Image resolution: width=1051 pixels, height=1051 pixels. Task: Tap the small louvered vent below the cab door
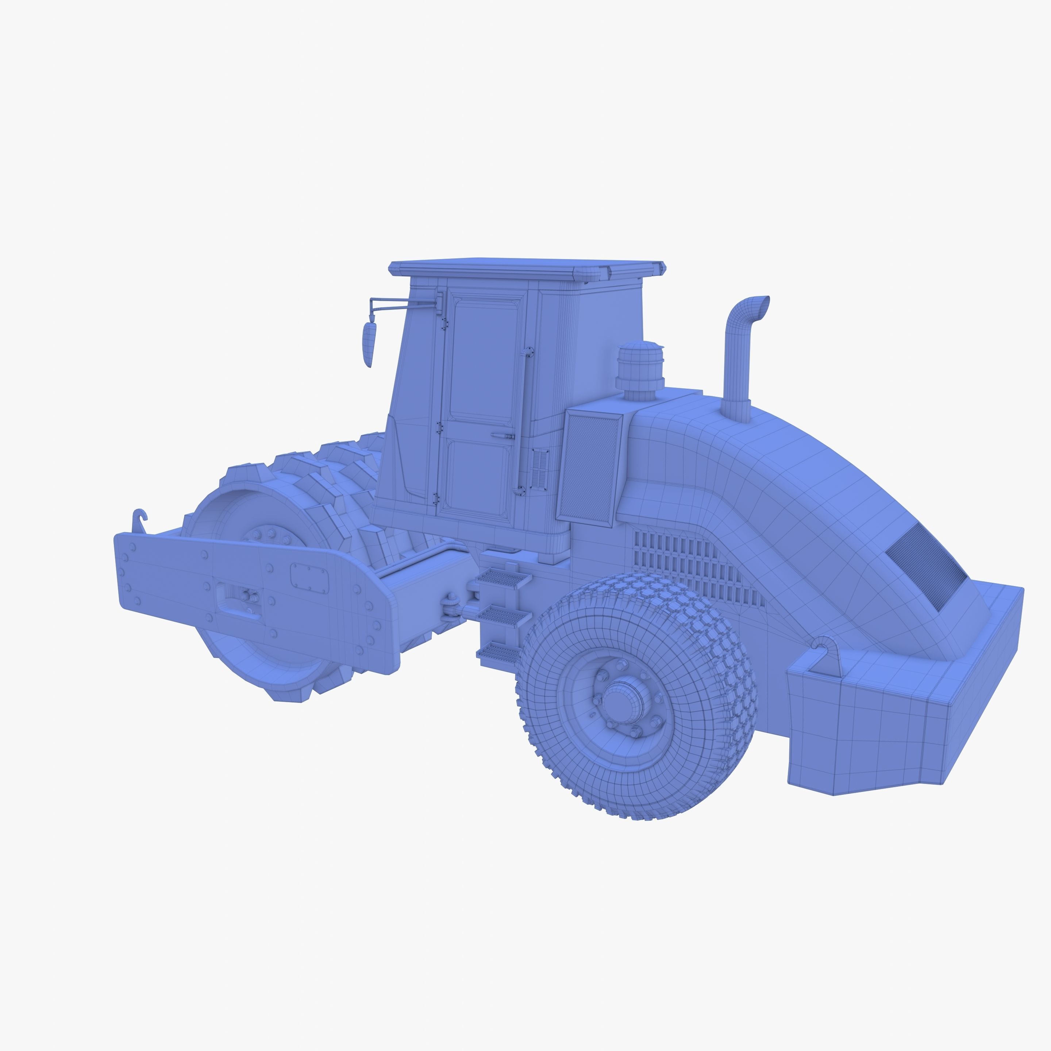pos(540,469)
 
